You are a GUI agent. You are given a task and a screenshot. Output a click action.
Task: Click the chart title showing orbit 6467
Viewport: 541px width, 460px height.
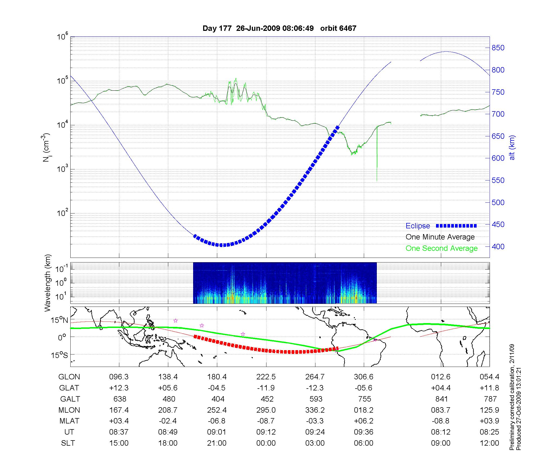point(279,28)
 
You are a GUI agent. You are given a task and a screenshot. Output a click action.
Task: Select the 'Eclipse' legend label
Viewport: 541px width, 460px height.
point(418,226)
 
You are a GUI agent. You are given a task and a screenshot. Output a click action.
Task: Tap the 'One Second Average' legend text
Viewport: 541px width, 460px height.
point(441,248)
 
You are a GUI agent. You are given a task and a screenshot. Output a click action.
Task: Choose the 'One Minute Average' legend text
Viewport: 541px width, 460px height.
point(440,237)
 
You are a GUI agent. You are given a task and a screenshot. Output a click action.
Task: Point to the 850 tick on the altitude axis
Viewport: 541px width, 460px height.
point(498,48)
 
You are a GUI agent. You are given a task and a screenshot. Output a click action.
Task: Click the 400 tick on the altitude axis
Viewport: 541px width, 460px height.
point(498,247)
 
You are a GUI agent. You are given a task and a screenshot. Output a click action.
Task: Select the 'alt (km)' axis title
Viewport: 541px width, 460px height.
point(512,147)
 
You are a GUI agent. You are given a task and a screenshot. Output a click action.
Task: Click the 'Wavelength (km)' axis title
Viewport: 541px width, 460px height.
point(48,283)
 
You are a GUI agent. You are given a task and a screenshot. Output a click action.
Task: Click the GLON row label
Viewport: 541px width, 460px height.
point(69,377)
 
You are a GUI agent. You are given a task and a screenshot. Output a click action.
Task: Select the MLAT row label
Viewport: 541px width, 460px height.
point(69,421)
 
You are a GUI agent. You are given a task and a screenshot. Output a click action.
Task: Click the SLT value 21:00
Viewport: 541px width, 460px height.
point(217,443)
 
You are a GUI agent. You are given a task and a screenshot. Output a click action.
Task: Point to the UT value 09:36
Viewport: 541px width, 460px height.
point(364,432)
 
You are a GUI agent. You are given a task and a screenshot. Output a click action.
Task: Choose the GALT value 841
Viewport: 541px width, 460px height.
point(441,399)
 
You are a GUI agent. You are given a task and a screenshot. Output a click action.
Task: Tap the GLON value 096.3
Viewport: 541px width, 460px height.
point(119,377)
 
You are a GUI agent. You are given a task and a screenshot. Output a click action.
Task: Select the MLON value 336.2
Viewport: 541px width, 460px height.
point(315,410)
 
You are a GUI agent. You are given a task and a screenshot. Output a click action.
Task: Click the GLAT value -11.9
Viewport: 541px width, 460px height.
point(266,388)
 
